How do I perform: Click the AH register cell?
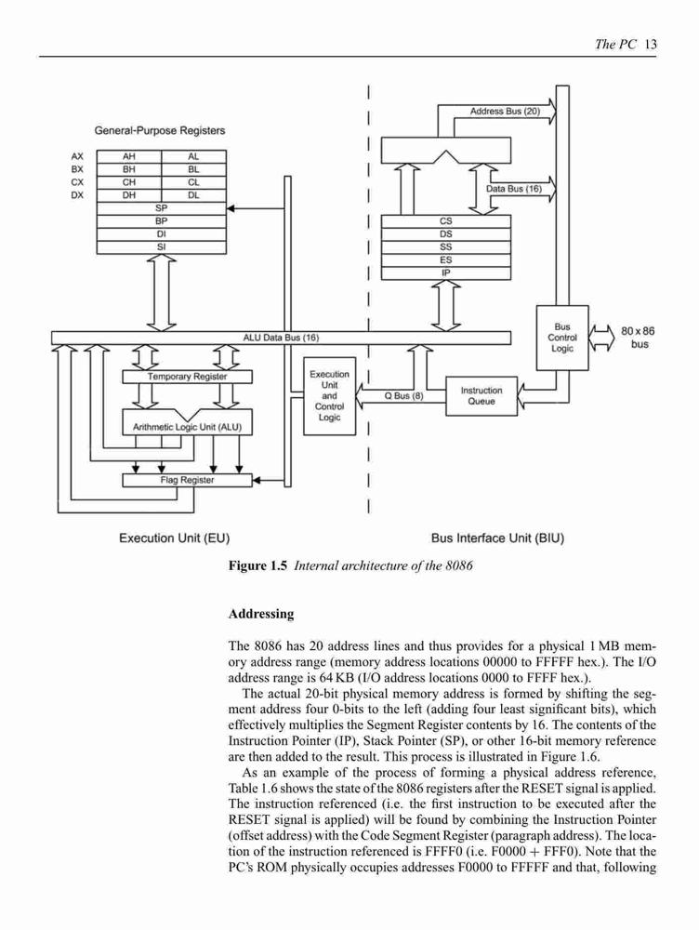pyautogui.click(x=128, y=156)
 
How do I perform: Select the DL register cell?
pyautogui.click(x=194, y=195)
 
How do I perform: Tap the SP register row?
pyautogui.click(x=161, y=208)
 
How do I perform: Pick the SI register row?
pyautogui.click(x=161, y=246)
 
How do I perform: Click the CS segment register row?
pyautogui.click(x=446, y=221)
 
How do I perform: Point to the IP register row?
pyautogui.click(x=446, y=272)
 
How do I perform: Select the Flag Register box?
pyautogui.click(x=188, y=480)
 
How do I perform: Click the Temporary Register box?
pyautogui.click(x=188, y=377)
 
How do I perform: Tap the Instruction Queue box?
pyautogui.click(x=481, y=396)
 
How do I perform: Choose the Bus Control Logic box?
pyautogui.click(x=562, y=338)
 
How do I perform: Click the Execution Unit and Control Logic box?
pyautogui.click(x=330, y=396)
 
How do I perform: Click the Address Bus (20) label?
pyautogui.click(x=505, y=111)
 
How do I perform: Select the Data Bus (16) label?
pyautogui.click(x=514, y=189)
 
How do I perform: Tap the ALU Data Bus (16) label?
pyautogui.click(x=281, y=338)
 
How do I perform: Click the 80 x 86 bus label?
pyautogui.click(x=638, y=338)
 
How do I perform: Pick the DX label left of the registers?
pyautogui.click(x=77, y=195)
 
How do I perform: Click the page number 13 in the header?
pyautogui.click(x=651, y=44)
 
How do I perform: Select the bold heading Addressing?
pyautogui.click(x=261, y=614)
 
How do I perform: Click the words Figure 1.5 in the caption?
pyautogui.click(x=257, y=565)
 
